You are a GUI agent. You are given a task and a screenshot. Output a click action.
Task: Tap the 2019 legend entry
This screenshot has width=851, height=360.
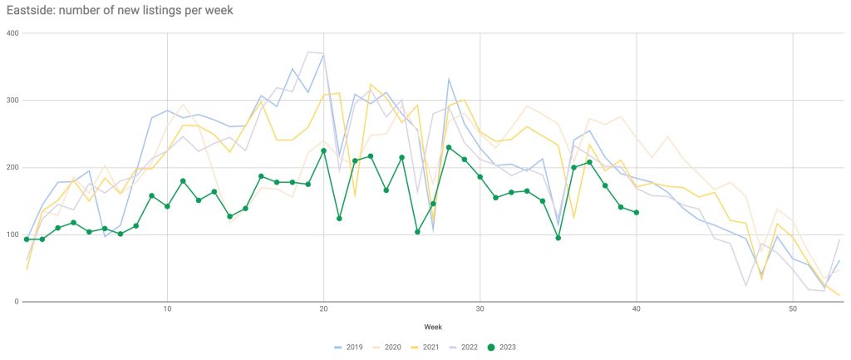pyautogui.click(x=349, y=347)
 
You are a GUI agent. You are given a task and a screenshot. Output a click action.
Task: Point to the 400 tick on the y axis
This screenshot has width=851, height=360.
pyautogui.click(x=12, y=33)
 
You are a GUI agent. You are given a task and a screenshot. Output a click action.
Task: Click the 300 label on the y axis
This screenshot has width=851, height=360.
pyautogui.click(x=12, y=101)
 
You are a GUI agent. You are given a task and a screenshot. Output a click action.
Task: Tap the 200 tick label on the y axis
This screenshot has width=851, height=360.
pyautogui.click(x=12, y=168)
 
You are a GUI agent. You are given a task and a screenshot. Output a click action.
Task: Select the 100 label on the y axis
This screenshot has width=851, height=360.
pyautogui.click(x=12, y=235)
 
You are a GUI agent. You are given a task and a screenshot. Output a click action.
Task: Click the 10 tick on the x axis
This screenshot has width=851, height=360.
pyautogui.click(x=167, y=309)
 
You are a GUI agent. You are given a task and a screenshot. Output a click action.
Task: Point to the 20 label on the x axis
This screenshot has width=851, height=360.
pyautogui.click(x=323, y=309)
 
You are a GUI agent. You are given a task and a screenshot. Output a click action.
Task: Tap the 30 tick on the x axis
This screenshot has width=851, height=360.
pyautogui.click(x=480, y=309)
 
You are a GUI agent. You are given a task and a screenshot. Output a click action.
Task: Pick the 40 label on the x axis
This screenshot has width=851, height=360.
pyautogui.click(x=637, y=309)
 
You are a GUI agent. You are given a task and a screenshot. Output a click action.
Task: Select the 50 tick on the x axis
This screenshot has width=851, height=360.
pyautogui.click(x=794, y=309)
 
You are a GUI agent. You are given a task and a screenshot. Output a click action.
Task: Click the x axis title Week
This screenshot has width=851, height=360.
pyautogui.click(x=434, y=328)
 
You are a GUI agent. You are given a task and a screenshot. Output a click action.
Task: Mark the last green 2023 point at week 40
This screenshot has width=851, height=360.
pyautogui.click(x=637, y=213)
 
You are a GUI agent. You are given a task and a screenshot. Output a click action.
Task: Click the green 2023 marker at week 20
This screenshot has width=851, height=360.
pyautogui.click(x=323, y=150)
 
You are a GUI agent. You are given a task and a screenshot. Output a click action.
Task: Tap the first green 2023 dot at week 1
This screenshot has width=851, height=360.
pyautogui.click(x=27, y=239)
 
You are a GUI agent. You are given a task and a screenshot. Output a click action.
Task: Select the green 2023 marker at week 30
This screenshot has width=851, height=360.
pyautogui.click(x=480, y=177)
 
